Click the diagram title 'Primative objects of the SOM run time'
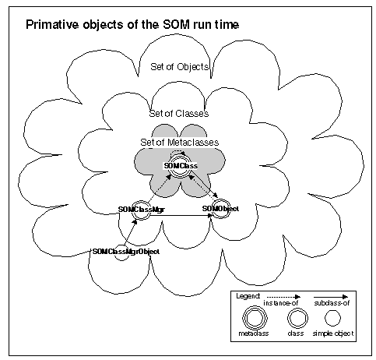point(132,25)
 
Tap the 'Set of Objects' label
point(180,67)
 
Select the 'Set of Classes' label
point(179,114)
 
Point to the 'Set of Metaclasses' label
point(180,143)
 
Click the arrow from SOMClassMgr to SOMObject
point(181,215)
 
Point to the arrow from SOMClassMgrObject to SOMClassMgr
point(129,232)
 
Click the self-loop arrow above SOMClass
point(177,152)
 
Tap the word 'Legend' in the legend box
point(248,296)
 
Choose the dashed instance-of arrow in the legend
point(283,297)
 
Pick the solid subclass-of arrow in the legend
point(331,297)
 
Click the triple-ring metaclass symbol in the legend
point(255,318)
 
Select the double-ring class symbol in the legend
point(297,318)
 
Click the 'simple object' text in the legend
point(333,334)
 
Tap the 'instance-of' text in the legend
point(280,303)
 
